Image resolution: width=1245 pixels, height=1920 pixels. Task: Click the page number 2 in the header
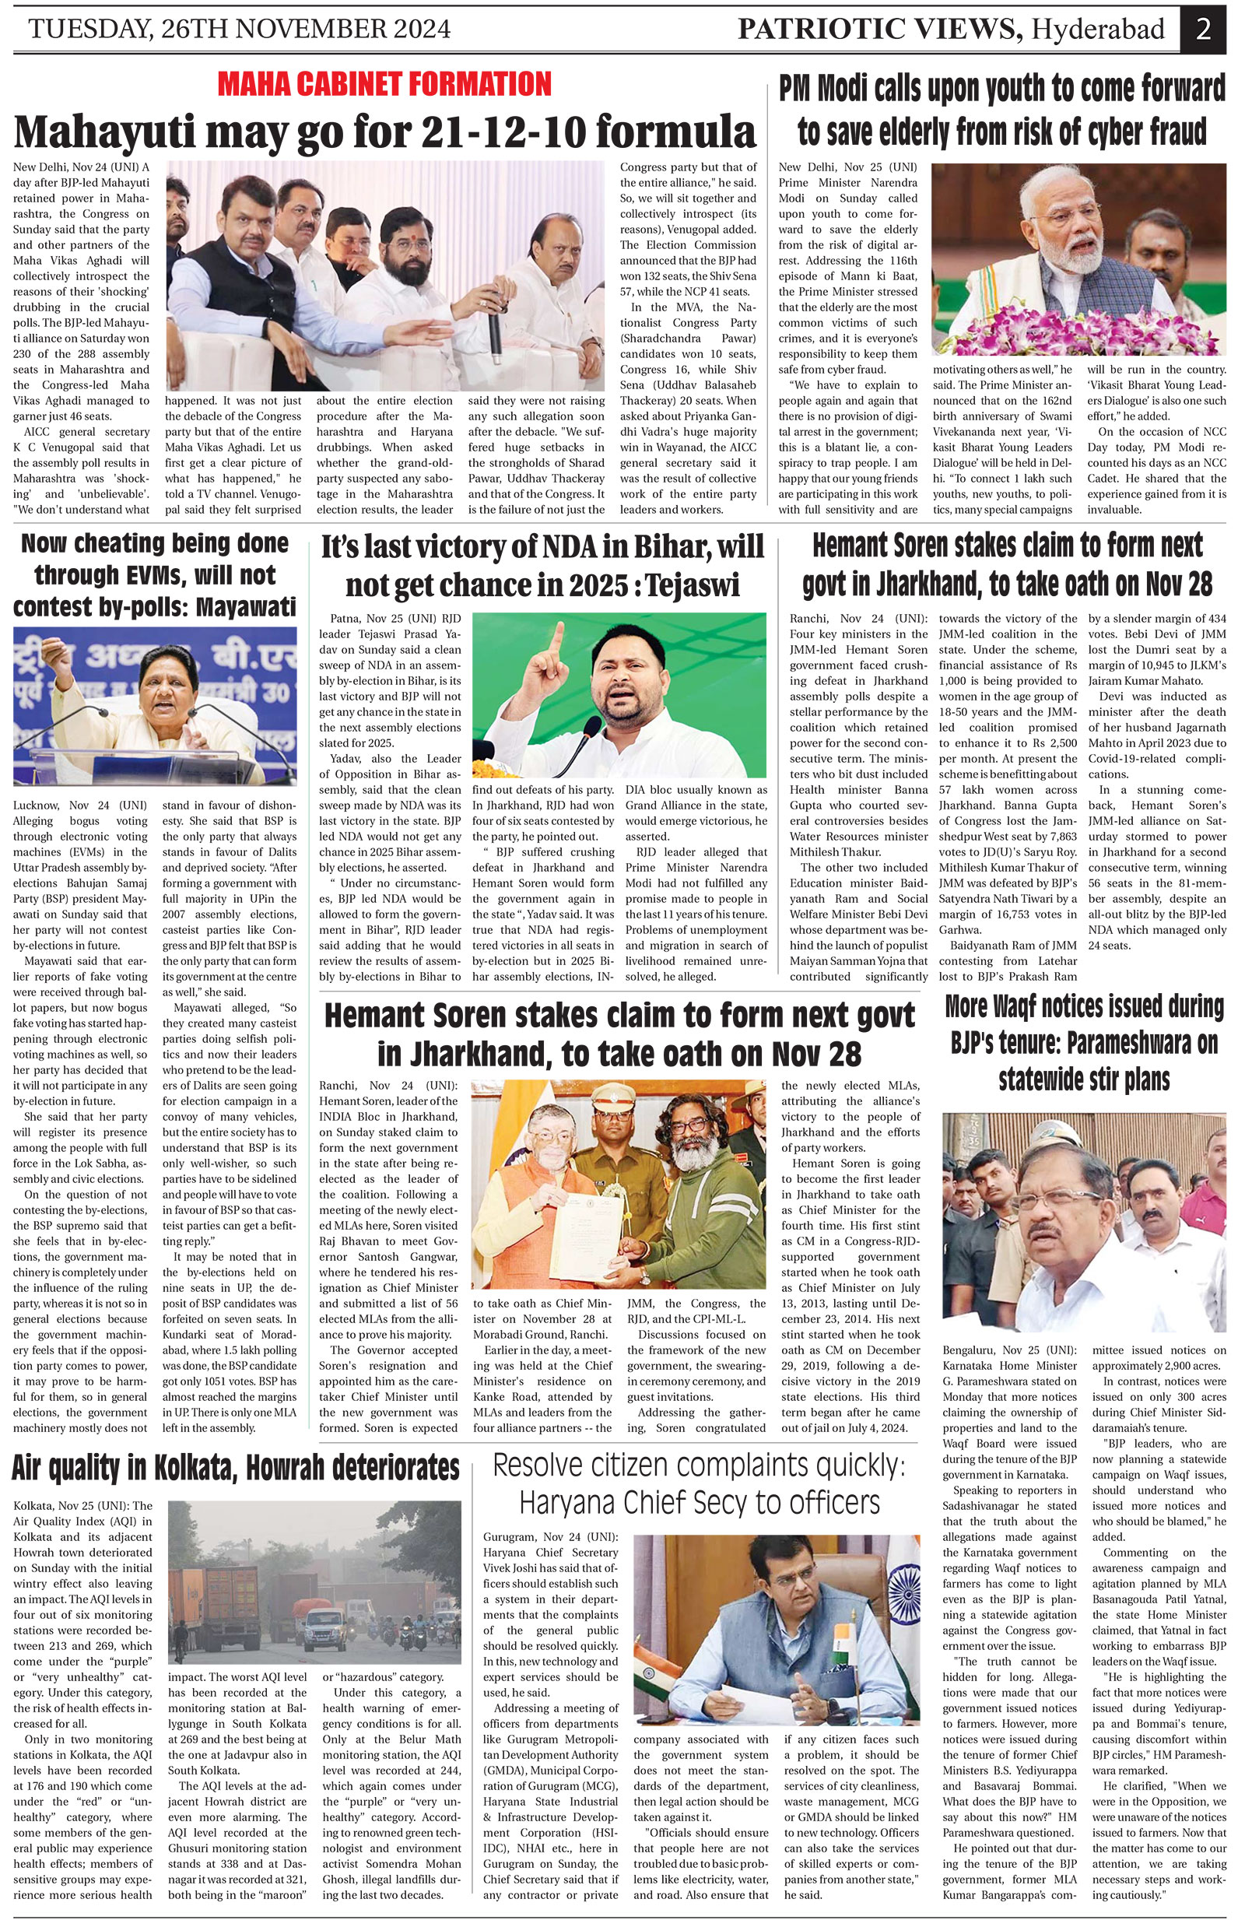(1203, 30)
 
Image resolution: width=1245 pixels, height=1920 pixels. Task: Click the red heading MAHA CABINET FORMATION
(384, 84)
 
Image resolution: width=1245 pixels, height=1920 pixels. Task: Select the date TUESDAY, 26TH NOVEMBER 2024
(240, 30)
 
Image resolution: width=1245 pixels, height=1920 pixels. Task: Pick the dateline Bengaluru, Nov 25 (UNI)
(1008, 1350)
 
